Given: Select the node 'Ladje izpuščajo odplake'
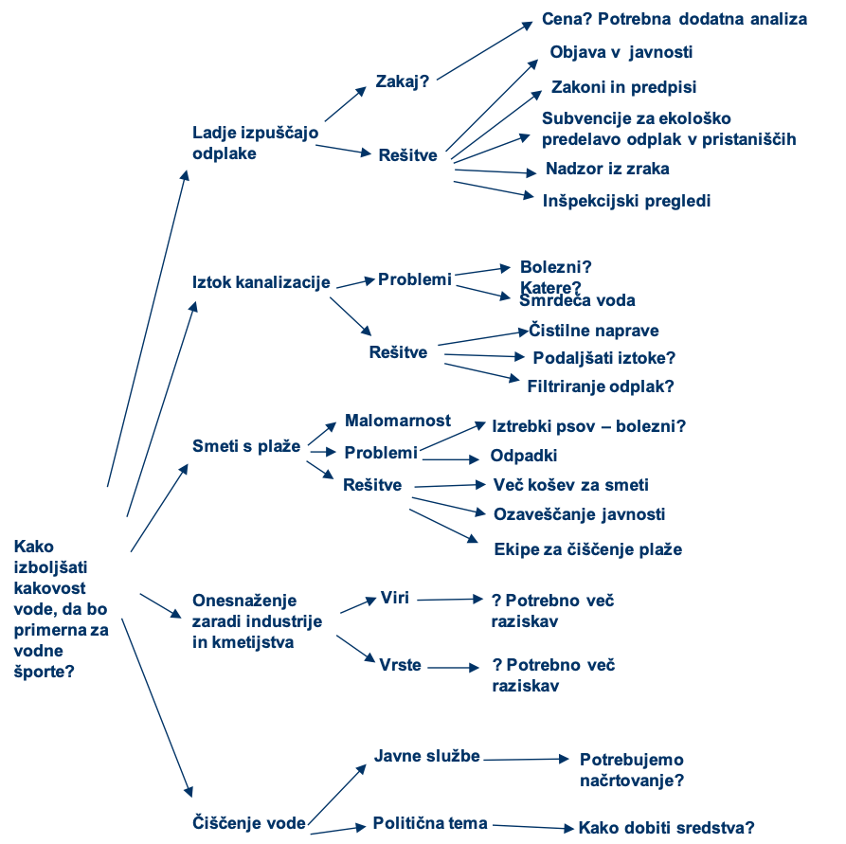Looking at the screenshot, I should [x=255, y=142].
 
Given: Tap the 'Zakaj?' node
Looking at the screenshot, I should [x=403, y=81].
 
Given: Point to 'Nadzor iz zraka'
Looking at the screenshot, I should [x=607, y=169].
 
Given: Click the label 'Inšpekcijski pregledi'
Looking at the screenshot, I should [x=626, y=201].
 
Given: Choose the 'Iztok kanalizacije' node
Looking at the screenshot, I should [x=261, y=282].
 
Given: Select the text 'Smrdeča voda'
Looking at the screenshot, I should [x=577, y=300].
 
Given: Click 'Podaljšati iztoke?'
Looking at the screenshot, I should [x=603, y=358].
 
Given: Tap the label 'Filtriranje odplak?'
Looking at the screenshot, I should [x=601, y=386].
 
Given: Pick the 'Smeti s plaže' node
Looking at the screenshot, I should [x=246, y=445].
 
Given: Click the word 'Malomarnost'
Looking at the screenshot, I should [x=398, y=420].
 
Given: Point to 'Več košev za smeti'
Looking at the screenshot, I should [x=570, y=485].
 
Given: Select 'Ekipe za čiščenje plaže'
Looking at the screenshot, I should [x=587, y=549].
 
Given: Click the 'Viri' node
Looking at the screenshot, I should [x=394, y=598].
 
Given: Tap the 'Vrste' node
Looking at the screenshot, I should [x=400, y=665].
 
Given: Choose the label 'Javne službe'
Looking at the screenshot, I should [x=427, y=756].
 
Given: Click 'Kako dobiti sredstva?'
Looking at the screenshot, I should [x=666, y=827].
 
